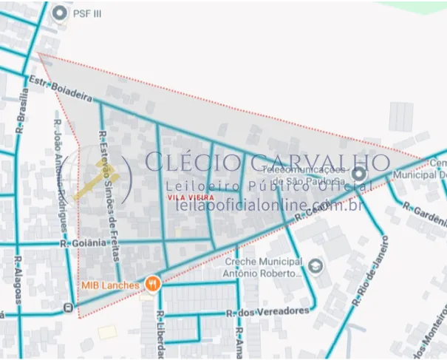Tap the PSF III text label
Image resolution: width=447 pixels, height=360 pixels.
pos(87,13)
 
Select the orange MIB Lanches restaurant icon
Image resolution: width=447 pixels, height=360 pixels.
pos(153,282)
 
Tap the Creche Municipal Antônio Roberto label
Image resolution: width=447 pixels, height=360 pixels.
pos(264,267)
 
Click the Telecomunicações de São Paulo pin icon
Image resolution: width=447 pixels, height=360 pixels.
pos(359,174)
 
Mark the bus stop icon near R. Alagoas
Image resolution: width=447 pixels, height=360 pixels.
pos(69,307)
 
